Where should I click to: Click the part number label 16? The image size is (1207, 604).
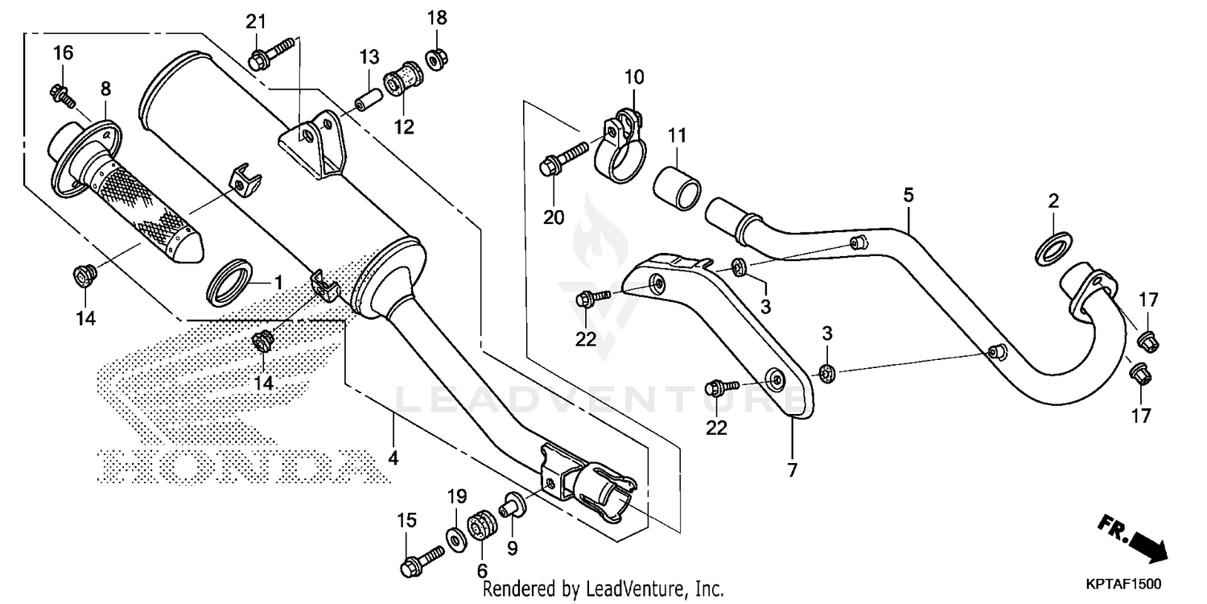tap(63, 53)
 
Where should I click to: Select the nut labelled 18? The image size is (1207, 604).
tap(435, 58)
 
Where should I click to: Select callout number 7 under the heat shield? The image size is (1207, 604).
tap(793, 470)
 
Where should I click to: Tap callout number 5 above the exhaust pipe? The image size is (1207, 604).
tap(908, 195)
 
